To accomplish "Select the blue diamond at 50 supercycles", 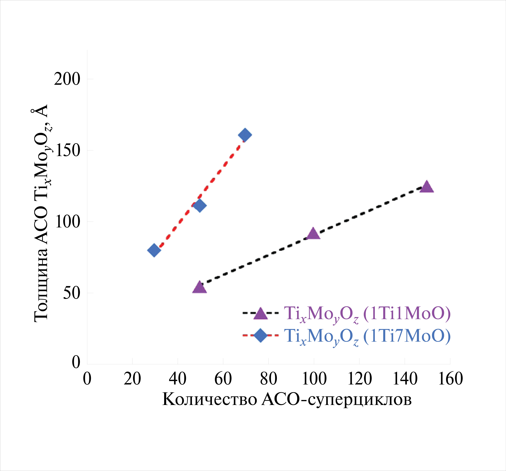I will click(x=200, y=205).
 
